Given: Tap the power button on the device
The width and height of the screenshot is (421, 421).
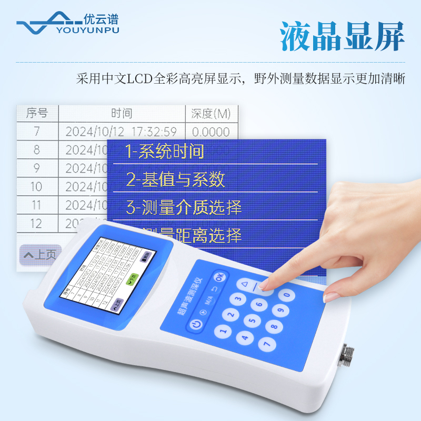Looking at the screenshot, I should tap(196, 325).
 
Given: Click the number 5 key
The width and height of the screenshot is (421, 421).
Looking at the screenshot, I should tap(254, 320).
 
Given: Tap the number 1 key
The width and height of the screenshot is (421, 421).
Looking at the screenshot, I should tap(223, 332).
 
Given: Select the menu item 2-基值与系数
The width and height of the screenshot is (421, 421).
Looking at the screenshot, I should tap(176, 179).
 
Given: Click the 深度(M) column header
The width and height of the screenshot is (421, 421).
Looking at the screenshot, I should tap(210, 113).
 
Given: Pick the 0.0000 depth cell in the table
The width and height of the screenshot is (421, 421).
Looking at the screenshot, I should tap(210, 132).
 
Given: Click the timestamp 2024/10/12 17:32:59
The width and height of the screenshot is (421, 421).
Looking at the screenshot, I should tap(121, 132).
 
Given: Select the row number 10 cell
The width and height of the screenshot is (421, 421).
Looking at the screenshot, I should tap(36, 186).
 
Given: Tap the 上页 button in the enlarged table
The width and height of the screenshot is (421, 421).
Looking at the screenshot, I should tap(39, 255).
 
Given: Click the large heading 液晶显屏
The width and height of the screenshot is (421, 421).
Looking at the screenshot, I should tap(342, 35).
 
